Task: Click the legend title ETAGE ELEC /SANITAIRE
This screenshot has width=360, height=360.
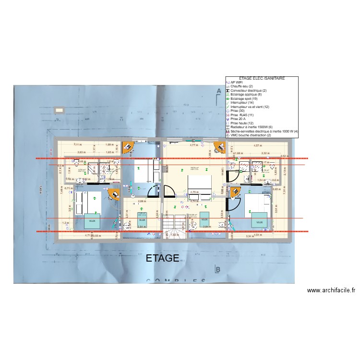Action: tap(262, 78)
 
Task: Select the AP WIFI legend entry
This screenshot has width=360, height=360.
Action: tap(237, 83)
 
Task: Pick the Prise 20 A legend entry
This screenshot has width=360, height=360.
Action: tap(240, 119)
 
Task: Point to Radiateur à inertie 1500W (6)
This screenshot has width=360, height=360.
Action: tap(252, 127)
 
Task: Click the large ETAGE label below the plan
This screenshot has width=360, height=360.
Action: tap(162, 259)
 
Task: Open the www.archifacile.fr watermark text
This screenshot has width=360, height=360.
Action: tap(331, 290)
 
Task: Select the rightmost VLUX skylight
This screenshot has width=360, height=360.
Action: tap(260, 222)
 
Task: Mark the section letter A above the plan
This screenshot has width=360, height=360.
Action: tap(218, 91)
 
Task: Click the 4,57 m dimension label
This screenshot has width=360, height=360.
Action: tap(257, 145)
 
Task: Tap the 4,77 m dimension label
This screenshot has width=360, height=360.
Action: tap(194, 145)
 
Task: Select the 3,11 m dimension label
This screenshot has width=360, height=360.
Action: tap(77, 144)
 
